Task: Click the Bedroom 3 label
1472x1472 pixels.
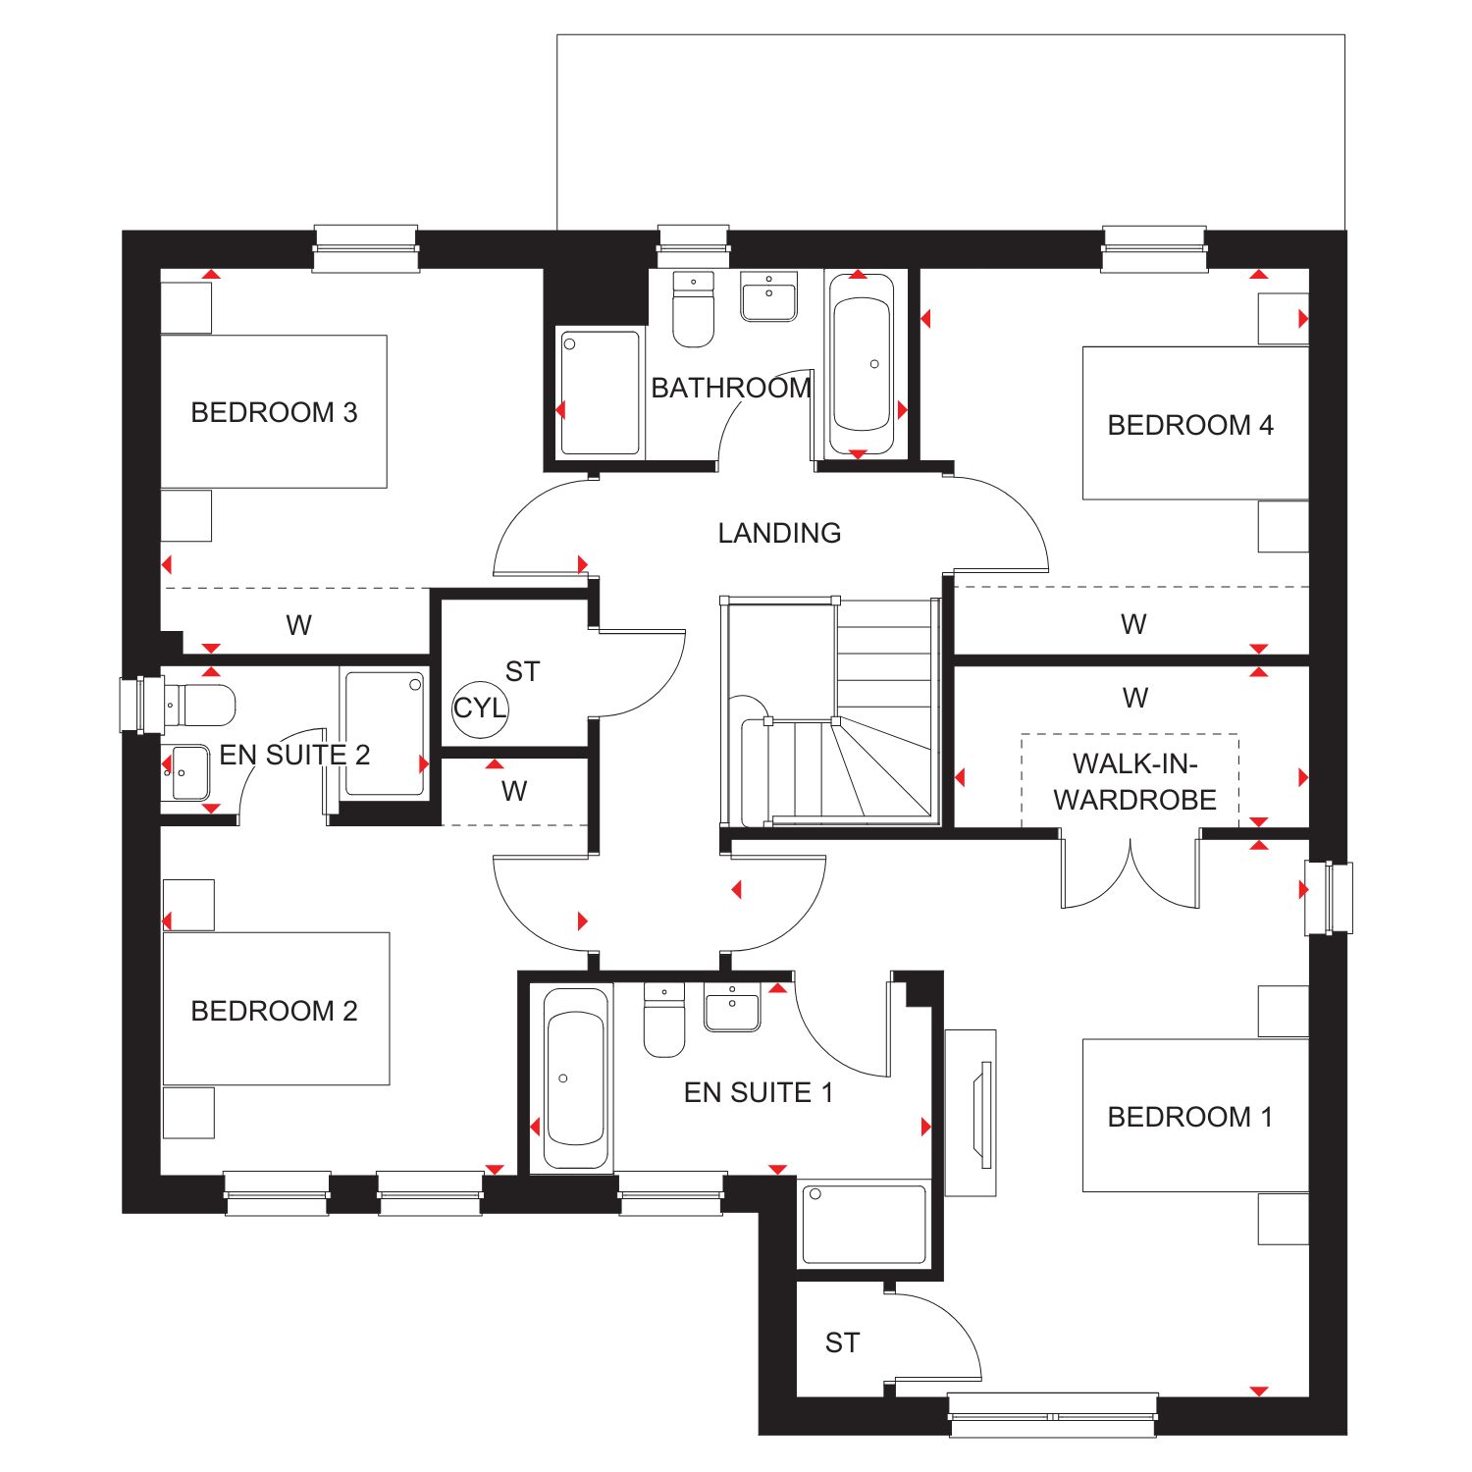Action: [274, 412]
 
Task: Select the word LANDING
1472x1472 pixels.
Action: [779, 533]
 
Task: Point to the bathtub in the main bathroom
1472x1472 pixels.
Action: [862, 365]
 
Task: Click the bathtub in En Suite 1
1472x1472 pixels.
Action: [575, 1078]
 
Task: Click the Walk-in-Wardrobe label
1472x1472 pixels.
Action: [1135, 782]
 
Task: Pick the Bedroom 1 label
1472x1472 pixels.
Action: [1190, 1117]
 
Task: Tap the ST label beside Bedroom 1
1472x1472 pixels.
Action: [842, 1342]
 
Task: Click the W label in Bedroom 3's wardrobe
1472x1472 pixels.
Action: [298, 625]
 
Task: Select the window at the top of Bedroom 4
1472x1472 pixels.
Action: [1154, 248]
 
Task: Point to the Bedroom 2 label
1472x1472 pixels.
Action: [274, 1011]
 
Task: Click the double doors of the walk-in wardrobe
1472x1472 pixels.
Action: [1130, 869]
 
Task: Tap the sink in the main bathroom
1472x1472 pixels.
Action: [768, 296]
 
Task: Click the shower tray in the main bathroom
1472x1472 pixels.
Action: [601, 393]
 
